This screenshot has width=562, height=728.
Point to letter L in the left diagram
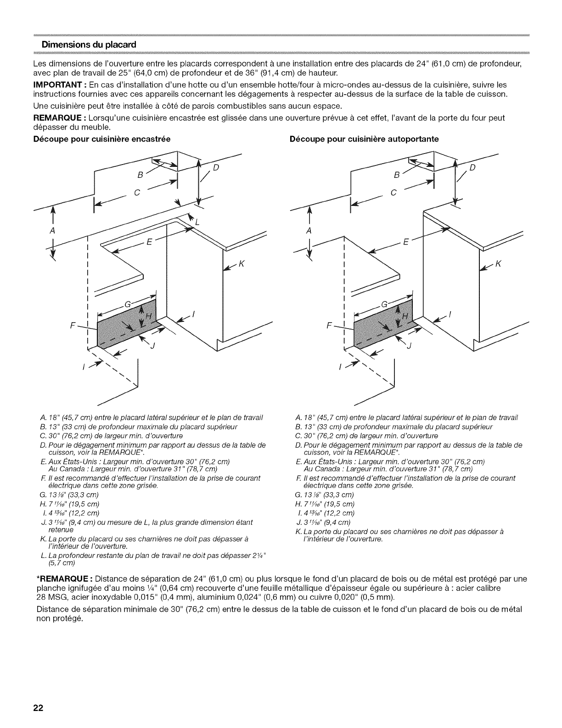(x=198, y=222)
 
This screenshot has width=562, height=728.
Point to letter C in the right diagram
(x=393, y=193)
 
